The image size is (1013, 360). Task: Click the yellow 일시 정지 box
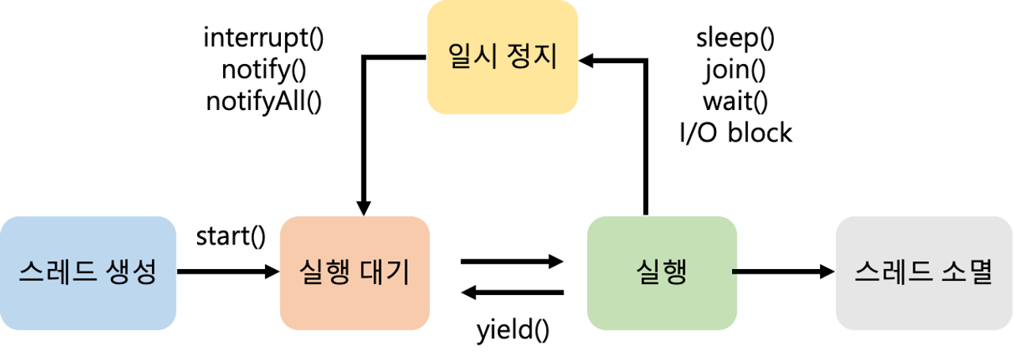tap(503, 58)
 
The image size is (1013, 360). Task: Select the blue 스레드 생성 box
tap(88, 273)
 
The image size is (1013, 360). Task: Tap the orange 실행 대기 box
tap(355, 273)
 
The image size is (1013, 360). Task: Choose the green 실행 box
tap(662, 273)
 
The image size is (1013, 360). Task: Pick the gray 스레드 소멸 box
tap(924, 273)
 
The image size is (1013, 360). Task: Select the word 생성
tap(131, 273)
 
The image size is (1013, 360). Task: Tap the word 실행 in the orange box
tap(325, 273)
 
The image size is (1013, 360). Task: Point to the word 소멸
tap(966, 273)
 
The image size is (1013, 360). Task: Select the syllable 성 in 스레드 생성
tap(144, 273)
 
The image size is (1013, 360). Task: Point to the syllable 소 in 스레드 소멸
tap(952, 273)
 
